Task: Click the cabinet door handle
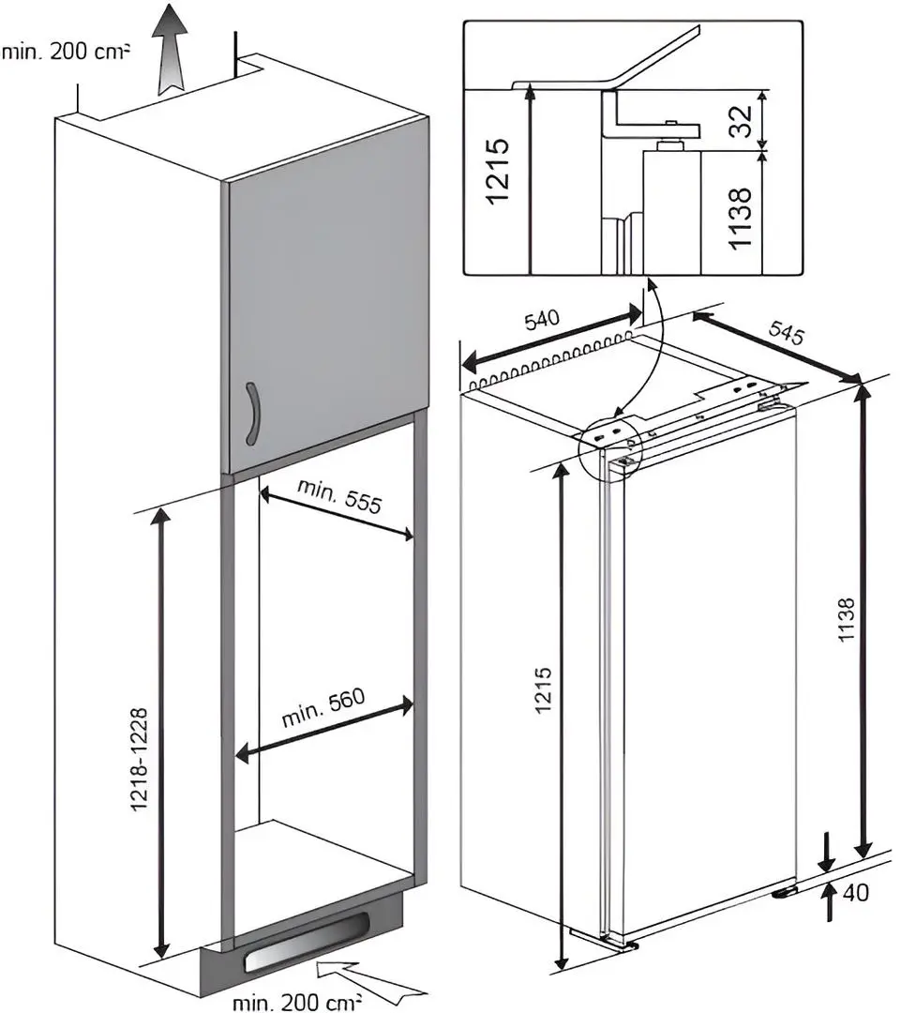(250, 414)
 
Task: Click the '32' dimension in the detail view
(741, 119)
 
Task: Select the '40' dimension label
(855, 892)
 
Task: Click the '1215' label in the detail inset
(499, 171)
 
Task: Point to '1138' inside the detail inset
(741, 218)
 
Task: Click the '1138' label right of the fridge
(847, 622)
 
